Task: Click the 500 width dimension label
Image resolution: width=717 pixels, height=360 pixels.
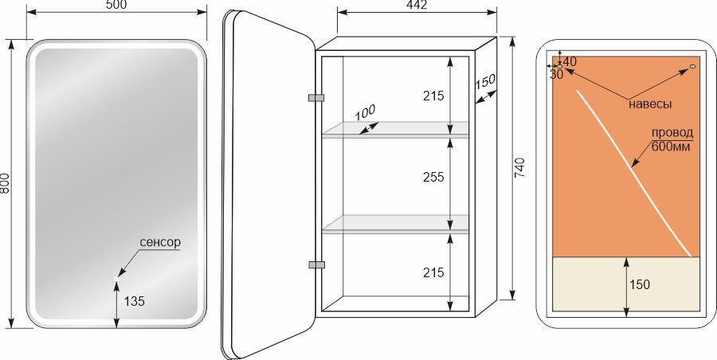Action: point(116,5)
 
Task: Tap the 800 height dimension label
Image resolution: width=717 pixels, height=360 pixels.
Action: point(5,183)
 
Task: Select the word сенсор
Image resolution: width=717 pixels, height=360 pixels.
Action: point(160,242)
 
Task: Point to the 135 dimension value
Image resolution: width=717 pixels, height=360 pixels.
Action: point(135,301)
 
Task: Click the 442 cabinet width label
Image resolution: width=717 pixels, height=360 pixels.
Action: point(416,5)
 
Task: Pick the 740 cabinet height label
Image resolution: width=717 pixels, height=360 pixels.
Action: point(522,167)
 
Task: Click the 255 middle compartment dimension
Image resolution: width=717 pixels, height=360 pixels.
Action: point(433,177)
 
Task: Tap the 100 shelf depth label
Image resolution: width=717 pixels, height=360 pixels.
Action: point(366,112)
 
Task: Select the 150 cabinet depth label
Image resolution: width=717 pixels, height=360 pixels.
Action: point(484,82)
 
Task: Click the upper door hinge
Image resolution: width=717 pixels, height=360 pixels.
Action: point(316,97)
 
